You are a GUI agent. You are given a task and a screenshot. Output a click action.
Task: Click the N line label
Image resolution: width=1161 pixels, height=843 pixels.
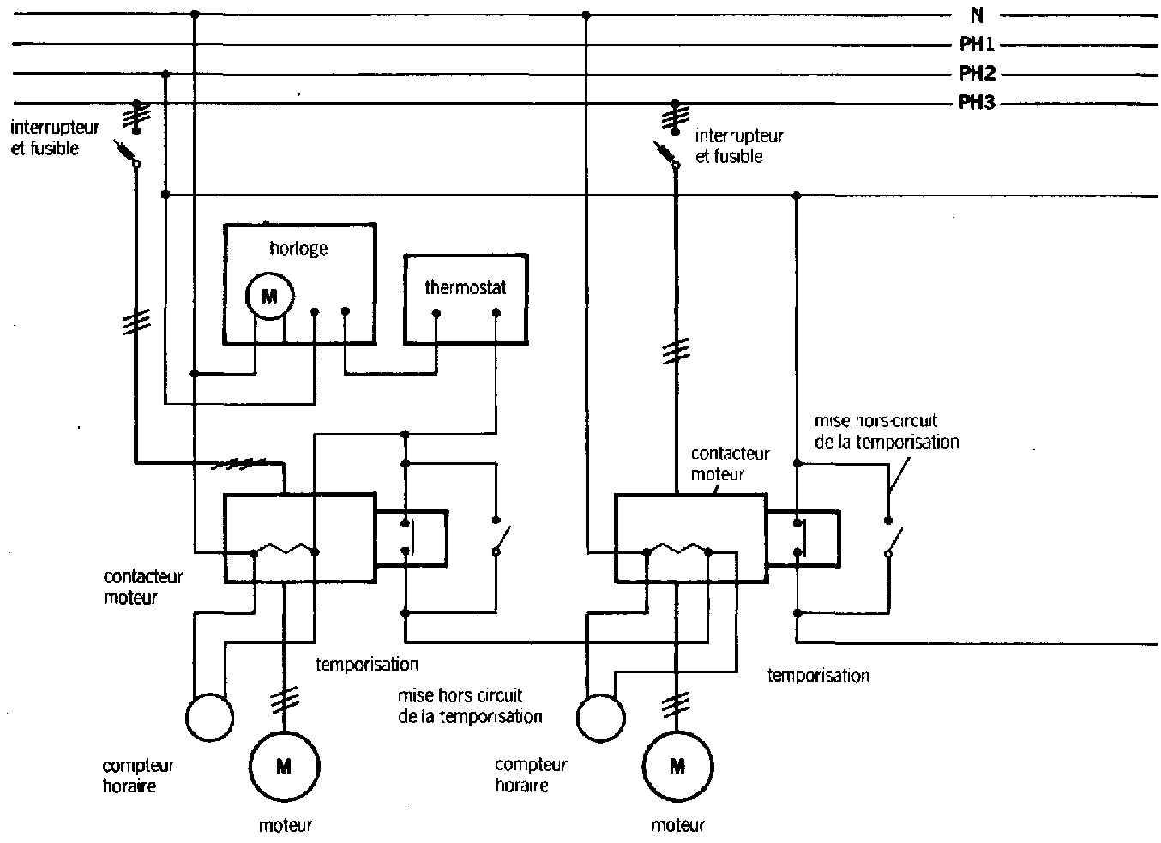(976, 15)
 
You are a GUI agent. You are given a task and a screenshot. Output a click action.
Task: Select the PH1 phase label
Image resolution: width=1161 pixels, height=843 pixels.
(977, 45)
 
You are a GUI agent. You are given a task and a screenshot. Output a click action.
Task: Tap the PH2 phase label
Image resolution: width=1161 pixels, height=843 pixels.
(977, 74)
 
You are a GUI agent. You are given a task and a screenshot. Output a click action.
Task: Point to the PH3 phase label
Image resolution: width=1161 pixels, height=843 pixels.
(977, 104)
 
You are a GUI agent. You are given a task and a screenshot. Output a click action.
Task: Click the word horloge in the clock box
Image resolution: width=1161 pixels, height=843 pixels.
(298, 250)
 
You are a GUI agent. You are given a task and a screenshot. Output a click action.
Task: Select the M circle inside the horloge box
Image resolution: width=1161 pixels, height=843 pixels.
(269, 296)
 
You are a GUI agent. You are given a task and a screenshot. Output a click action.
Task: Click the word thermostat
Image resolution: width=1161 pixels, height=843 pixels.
(466, 287)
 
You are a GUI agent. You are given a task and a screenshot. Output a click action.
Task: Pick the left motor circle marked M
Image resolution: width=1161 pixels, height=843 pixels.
(284, 767)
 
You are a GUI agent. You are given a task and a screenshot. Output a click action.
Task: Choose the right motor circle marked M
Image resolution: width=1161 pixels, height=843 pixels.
(677, 766)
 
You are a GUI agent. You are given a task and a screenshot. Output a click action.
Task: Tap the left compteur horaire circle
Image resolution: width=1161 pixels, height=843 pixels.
(209, 716)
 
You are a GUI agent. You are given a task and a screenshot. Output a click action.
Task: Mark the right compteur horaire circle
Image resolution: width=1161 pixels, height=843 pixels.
(601, 717)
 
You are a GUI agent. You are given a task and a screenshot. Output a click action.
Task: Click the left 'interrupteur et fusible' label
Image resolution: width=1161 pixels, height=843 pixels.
(55, 138)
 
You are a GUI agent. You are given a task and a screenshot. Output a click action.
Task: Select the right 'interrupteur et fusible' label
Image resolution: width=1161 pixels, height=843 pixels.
(739, 146)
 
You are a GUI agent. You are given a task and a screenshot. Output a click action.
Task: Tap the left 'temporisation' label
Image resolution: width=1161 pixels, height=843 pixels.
(367, 664)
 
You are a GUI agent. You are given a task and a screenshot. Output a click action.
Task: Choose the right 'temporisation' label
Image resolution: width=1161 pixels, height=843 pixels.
(818, 676)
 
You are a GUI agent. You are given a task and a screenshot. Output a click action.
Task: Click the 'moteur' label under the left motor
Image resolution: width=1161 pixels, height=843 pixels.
(285, 826)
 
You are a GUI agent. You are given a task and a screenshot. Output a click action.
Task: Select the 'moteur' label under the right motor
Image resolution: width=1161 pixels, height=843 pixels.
(677, 826)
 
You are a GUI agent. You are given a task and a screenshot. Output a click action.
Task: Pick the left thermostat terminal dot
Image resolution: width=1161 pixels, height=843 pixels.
(436, 314)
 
